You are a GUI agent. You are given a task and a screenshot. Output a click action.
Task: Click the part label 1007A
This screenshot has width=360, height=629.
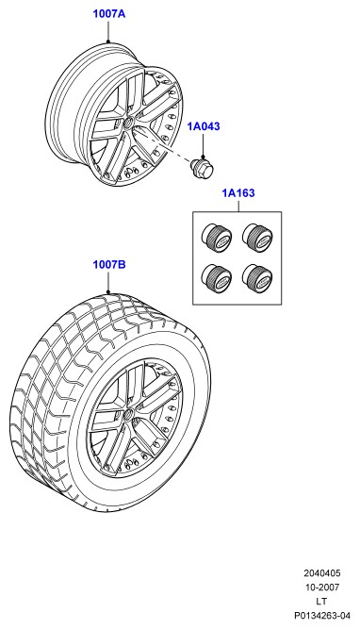click(109, 13)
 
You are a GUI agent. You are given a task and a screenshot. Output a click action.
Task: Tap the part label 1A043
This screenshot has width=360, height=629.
click(204, 126)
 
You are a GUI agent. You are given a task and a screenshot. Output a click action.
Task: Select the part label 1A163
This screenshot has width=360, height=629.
click(238, 193)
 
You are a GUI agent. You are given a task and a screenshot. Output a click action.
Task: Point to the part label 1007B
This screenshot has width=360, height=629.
click(109, 265)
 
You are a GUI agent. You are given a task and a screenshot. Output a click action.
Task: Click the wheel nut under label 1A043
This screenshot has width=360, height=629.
click(203, 167)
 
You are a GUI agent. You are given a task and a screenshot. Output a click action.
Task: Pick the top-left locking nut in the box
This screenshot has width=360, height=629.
click(217, 238)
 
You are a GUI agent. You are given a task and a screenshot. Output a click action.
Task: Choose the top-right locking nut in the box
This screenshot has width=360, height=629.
click(257, 238)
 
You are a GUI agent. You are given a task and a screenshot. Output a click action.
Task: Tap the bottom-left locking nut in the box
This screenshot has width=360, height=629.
click(217, 277)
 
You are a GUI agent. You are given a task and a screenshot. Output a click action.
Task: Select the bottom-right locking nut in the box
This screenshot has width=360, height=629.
click(257, 277)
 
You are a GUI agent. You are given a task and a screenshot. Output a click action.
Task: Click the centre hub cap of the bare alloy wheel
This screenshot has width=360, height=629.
click(128, 122)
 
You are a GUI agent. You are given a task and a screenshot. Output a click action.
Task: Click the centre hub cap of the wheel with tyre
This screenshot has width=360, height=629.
click(128, 413)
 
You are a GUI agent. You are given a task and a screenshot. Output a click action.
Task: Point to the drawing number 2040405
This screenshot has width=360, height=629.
click(322, 572)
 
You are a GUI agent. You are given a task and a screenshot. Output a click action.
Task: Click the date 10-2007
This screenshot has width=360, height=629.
click(322, 588)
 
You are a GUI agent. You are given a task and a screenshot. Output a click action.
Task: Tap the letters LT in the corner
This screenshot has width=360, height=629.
click(321, 602)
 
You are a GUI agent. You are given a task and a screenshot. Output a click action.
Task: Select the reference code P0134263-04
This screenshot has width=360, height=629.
click(322, 616)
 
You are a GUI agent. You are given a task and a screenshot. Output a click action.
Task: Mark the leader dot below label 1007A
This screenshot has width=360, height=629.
click(108, 41)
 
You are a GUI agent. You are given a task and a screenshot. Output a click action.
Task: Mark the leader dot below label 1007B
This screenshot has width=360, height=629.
click(108, 292)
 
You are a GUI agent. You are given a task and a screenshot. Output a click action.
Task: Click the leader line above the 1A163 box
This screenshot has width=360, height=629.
click(238, 206)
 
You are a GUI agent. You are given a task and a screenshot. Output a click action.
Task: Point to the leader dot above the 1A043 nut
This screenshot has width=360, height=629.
click(203, 157)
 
